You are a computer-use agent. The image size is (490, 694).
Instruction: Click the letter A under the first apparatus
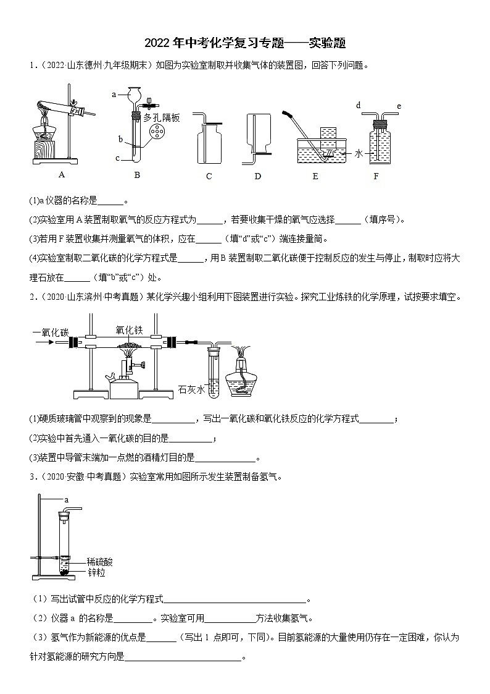tap(61, 174)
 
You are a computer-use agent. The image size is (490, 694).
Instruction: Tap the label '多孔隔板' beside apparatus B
tap(162, 117)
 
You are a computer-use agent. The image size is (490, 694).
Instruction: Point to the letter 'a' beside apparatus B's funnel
tap(115, 95)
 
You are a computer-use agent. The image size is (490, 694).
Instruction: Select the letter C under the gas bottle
tap(209, 176)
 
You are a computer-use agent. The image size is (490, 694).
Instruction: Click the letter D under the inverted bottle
tap(257, 176)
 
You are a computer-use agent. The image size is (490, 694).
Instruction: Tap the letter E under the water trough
tap(315, 176)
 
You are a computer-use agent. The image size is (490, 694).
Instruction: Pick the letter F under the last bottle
tap(376, 176)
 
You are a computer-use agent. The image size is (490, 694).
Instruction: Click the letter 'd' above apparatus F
tap(359, 106)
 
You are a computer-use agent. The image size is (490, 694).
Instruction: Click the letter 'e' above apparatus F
tap(399, 106)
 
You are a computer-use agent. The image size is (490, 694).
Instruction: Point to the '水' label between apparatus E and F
tap(359, 154)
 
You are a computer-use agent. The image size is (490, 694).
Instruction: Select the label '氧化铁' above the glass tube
tap(130, 329)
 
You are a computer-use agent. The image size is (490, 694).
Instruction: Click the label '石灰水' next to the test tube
tap(191, 389)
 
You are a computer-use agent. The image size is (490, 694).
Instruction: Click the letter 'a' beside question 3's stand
tap(66, 499)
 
